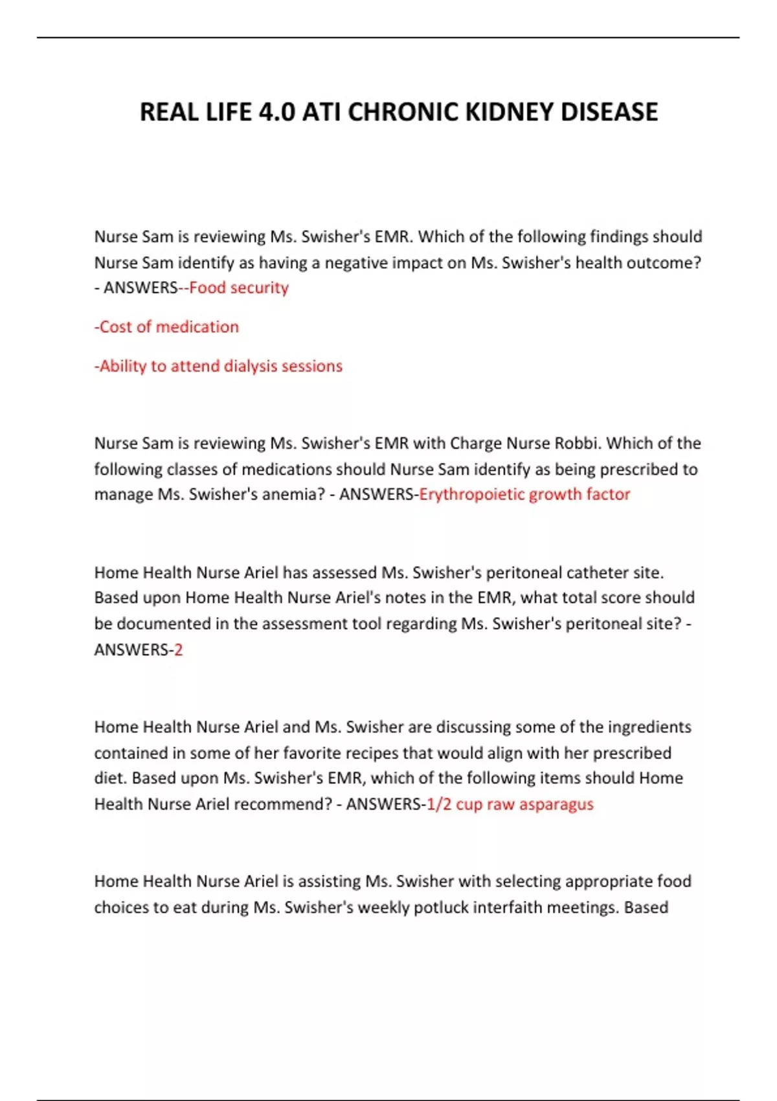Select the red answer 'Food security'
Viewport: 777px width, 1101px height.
pyautogui.click(x=239, y=288)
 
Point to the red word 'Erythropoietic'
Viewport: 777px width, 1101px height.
pyautogui.click(x=471, y=494)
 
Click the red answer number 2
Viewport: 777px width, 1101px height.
pyautogui.click(x=179, y=650)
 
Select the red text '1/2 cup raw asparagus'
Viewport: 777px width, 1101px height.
pyautogui.click(x=510, y=804)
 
